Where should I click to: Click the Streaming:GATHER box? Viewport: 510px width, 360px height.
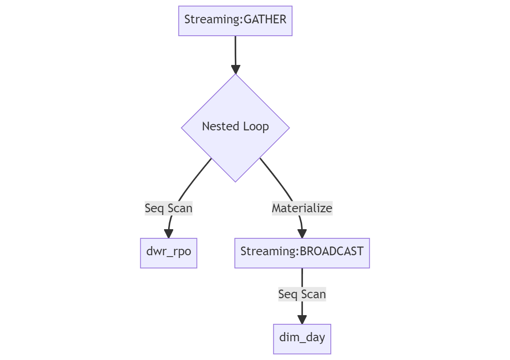pos(235,21)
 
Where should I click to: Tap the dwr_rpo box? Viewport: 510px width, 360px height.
pos(169,253)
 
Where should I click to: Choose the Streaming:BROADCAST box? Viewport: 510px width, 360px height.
pos(302,253)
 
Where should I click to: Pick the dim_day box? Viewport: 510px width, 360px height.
pos(302,339)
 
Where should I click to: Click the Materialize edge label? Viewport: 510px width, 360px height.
pos(302,208)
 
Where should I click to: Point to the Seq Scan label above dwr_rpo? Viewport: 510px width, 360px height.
pos(169,208)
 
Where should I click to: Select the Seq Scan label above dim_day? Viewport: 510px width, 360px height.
pos(302,294)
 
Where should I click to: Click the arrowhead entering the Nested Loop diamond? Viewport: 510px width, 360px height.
pos(235,69)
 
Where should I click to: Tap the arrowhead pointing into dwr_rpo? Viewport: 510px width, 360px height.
pos(169,233)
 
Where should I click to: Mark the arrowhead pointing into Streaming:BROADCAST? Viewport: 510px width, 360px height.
pos(302,233)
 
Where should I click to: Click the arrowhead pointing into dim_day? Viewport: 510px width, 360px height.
pos(302,319)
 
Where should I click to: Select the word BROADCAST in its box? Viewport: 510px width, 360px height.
pos(331,252)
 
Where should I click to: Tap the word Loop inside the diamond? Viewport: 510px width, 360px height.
pos(257,126)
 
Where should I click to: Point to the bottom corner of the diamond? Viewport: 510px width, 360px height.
pos(235,181)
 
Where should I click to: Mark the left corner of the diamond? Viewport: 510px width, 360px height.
pos(182,128)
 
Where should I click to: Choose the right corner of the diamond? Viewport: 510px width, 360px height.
pos(288,128)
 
